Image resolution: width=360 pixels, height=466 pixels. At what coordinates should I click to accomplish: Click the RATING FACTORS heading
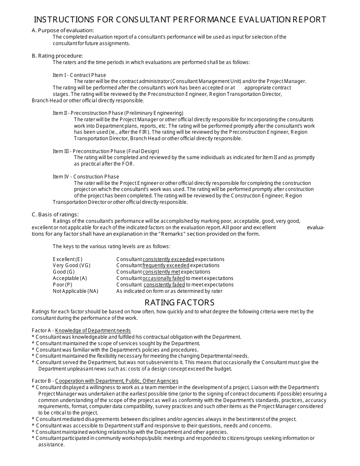[x=180, y=302]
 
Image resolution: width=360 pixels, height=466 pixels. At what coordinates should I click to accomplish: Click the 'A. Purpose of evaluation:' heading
[x=63, y=30]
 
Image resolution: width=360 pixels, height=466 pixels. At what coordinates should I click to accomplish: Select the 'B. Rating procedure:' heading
[x=57, y=56]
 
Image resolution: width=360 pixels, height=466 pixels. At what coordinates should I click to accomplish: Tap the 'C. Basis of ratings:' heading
[x=55, y=214]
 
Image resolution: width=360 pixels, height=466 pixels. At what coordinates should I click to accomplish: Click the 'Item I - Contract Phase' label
[x=79, y=75]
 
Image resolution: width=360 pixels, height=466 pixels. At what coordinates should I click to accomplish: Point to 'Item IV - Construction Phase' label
[x=86, y=177]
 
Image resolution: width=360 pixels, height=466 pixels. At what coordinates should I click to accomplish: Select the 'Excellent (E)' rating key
[x=67, y=259]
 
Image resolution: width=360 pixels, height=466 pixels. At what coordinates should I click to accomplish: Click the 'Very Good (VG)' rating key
[x=72, y=265]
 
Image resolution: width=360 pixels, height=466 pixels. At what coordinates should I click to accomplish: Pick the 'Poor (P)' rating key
[x=63, y=285]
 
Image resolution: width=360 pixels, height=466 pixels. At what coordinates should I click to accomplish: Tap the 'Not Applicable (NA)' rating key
[x=75, y=291]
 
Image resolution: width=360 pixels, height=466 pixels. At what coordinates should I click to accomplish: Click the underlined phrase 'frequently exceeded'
[x=166, y=265]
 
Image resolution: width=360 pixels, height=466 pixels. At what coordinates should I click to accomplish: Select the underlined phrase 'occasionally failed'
[x=164, y=278]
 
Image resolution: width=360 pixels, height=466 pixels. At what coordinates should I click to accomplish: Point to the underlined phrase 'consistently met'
[x=161, y=272]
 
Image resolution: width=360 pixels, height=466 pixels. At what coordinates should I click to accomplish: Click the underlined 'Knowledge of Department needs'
[x=93, y=330]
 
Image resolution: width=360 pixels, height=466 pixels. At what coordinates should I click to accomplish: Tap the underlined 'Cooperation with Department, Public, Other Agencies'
[x=117, y=381]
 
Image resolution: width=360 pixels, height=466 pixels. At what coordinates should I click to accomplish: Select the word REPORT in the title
[x=309, y=20]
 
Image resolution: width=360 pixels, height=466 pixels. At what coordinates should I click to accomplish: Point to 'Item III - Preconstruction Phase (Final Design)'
[x=106, y=151]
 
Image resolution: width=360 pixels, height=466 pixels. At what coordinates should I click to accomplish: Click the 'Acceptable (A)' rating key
[x=70, y=278]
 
